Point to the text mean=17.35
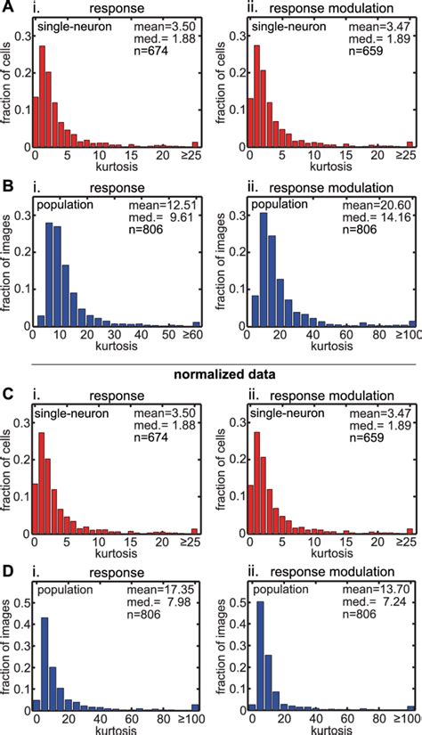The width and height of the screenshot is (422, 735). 167,590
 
